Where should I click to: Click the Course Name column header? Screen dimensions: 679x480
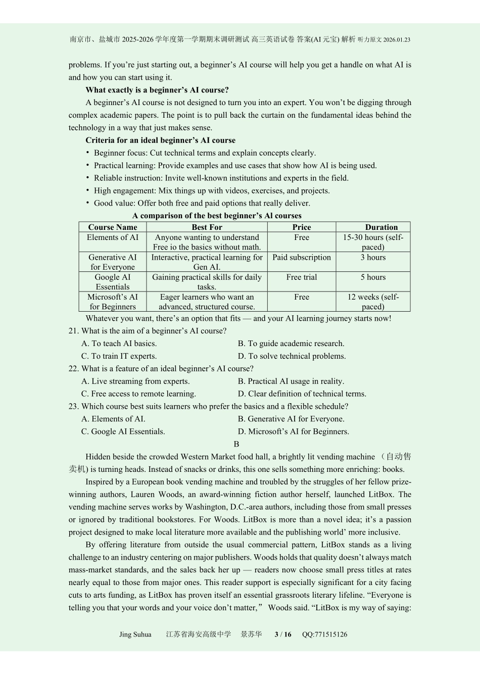pyautogui.click(x=113, y=227)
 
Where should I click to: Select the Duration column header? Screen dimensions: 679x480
pyautogui.click(x=381, y=227)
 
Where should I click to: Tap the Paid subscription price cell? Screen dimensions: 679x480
pyautogui.click(x=302, y=257)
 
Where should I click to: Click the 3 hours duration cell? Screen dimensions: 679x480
pyautogui.click(x=373, y=257)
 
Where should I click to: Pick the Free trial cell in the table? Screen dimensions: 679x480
pyautogui.click(x=302, y=277)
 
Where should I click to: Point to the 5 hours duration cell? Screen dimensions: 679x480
pyautogui.click(x=373, y=277)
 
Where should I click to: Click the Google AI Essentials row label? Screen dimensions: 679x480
pyautogui.click(x=113, y=282)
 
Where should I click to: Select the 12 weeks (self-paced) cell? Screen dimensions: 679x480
pyautogui.click(x=373, y=302)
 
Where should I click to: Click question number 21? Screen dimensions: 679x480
pyautogui.click(x=74, y=331)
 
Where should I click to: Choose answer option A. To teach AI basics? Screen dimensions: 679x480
pyautogui.click(x=119, y=344)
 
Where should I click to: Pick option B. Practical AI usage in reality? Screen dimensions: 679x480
pyautogui.click(x=291, y=381)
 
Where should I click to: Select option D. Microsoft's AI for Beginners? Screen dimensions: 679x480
pyautogui.click(x=294, y=431)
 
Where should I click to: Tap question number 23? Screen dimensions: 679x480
pyautogui.click(x=74, y=406)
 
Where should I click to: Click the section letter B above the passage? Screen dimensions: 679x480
pyautogui.click(x=236, y=444)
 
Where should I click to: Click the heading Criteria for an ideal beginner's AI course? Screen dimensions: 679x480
pyautogui.click(x=160, y=140)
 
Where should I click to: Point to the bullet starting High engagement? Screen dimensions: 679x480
pyautogui.click(x=212, y=190)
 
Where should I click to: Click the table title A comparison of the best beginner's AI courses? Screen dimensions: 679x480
pyautogui.click(x=217, y=216)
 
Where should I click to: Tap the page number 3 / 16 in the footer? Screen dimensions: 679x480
pyautogui.click(x=282, y=635)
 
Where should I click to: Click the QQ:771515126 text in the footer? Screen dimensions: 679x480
pyautogui.click(x=324, y=635)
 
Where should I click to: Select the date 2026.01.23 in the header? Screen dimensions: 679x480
pyautogui.click(x=397, y=40)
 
